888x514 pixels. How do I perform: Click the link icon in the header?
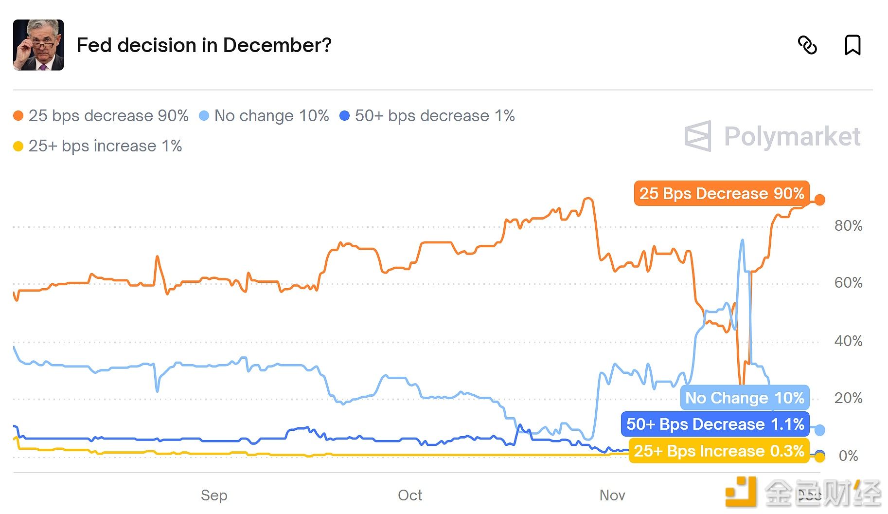(x=807, y=45)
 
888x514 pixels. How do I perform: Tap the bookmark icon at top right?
(x=852, y=45)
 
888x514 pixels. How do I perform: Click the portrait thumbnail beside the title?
(x=38, y=45)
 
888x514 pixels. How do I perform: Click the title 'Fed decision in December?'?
(x=204, y=45)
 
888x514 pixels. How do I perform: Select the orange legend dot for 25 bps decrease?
(x=18, y=116)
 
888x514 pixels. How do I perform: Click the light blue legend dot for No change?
(x=204, y=116)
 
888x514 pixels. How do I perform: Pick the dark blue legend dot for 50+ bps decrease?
(x=344, y=116)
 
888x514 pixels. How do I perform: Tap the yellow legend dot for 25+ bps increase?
(x=18, y=146)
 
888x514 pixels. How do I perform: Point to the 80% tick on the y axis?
(x=848, y=226)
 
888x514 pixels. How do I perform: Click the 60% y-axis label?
(x=848, y=283)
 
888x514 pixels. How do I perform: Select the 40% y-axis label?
(x=848, y=341)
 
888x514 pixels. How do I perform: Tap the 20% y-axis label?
(x=848, y=398)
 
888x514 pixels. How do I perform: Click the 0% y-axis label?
(x=848, y=456)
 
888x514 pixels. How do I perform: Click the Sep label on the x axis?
(x=214, y=496)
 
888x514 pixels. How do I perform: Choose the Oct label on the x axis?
(x=410, y=496)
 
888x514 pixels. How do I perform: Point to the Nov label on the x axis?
(x=612, y=496)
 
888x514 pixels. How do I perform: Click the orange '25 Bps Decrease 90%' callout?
(x=721, y=193)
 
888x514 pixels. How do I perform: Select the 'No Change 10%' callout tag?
(x=744, y=398)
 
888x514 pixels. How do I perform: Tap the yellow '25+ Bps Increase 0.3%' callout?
(x=718, y=451)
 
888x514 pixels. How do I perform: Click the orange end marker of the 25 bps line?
(x=819, y=200)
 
